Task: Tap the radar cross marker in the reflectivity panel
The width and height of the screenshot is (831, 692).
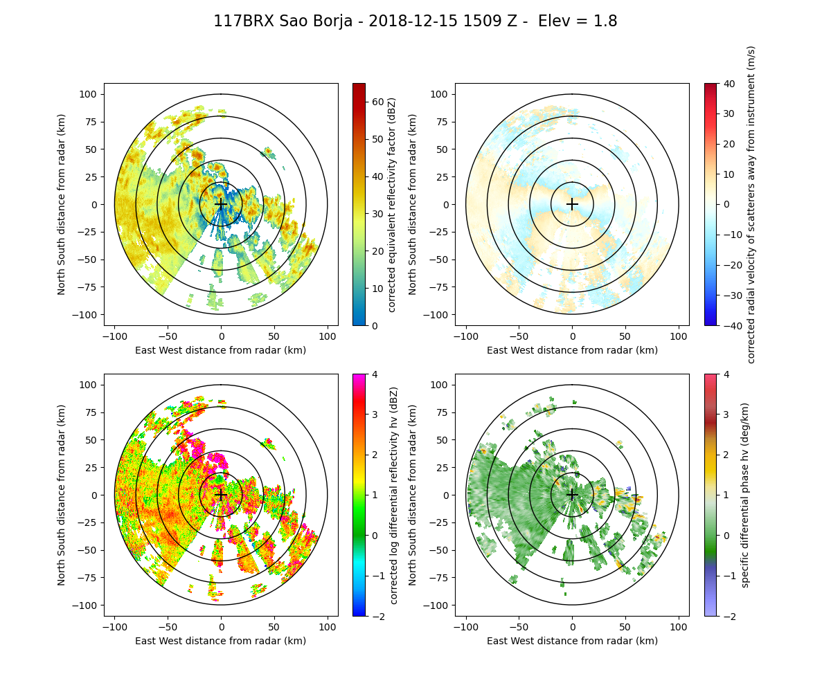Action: pyautogui.click(x=221, y=204)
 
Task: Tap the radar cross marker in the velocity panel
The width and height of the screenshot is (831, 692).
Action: pyautogui.click(x=572, y=204)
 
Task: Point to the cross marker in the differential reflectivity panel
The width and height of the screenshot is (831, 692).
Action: pyautogui.click(x=221, y=495)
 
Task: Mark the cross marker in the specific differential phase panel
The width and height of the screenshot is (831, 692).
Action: pyautogui.click(x=572, y=495)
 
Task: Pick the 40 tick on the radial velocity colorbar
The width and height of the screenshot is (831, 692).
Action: pyautogui.click(x=726, y=83)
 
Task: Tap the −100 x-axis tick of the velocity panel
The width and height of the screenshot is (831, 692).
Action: pyautogui.click(x=466, y=336)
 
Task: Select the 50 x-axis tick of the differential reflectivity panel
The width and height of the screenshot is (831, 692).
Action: pyautogui.click(x=274, y=627)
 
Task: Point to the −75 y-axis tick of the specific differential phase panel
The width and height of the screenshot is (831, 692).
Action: pyautogui.click(x=438, y=578)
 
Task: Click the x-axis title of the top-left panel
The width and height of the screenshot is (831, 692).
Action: pyautogui.click(x=221, y=350)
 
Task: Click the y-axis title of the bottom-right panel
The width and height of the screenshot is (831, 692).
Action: pyautogui.click(x=413, y=495)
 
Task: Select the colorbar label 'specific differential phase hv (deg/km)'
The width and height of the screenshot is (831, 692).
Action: pyautogui.click(x=746, y=495)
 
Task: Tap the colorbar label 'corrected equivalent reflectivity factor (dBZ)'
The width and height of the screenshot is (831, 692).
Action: pyautogui.click(x=392, y=204)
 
